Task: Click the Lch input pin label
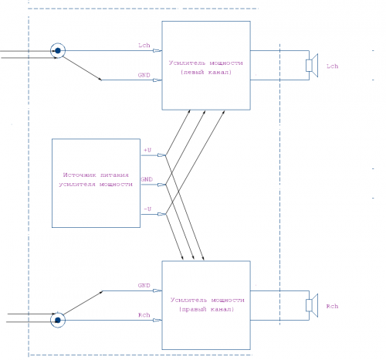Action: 144,46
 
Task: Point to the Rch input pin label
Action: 144,315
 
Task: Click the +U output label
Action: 147,150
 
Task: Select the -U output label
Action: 147,209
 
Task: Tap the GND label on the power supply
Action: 147,179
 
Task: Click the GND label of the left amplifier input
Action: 144,75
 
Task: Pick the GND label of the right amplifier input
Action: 144,285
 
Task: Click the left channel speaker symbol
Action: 312,66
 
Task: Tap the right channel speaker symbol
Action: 312,305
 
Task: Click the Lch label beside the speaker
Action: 332,66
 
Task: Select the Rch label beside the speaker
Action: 332,306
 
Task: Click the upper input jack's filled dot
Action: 58,50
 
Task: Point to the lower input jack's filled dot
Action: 58,320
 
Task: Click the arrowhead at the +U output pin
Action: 161,155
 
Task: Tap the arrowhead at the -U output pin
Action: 161,214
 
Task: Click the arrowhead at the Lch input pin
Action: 157,51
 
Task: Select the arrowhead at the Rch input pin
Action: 157,321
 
